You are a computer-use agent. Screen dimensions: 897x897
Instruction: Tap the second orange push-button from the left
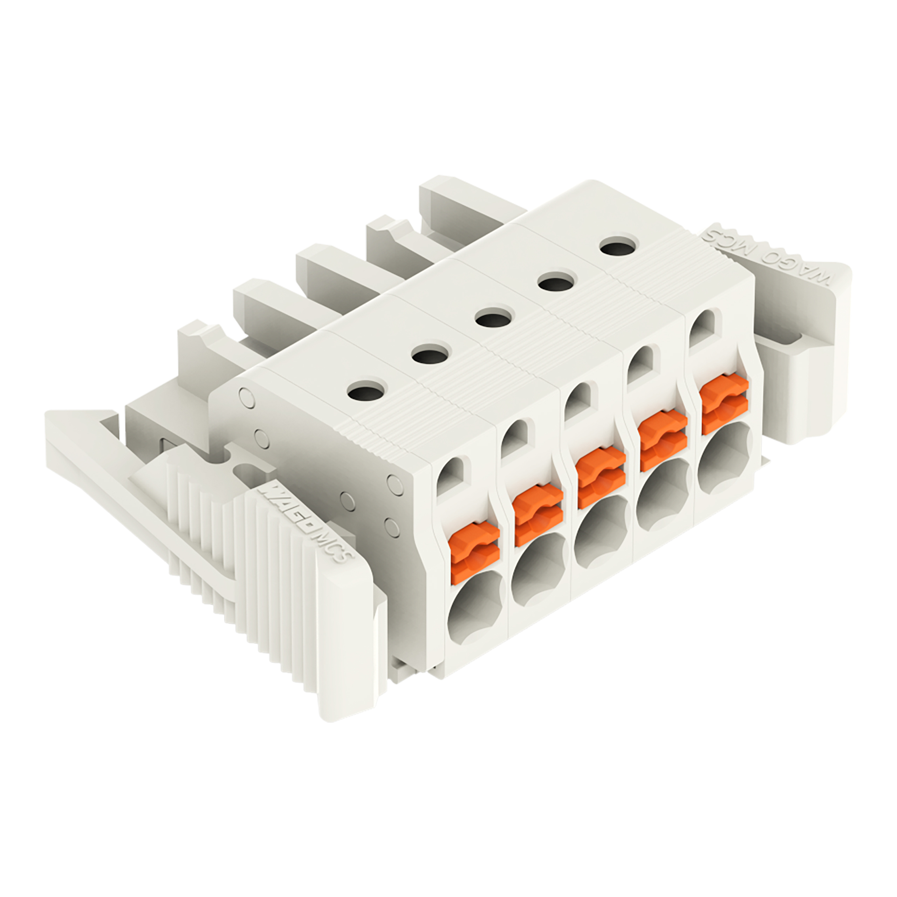[539, 515]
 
